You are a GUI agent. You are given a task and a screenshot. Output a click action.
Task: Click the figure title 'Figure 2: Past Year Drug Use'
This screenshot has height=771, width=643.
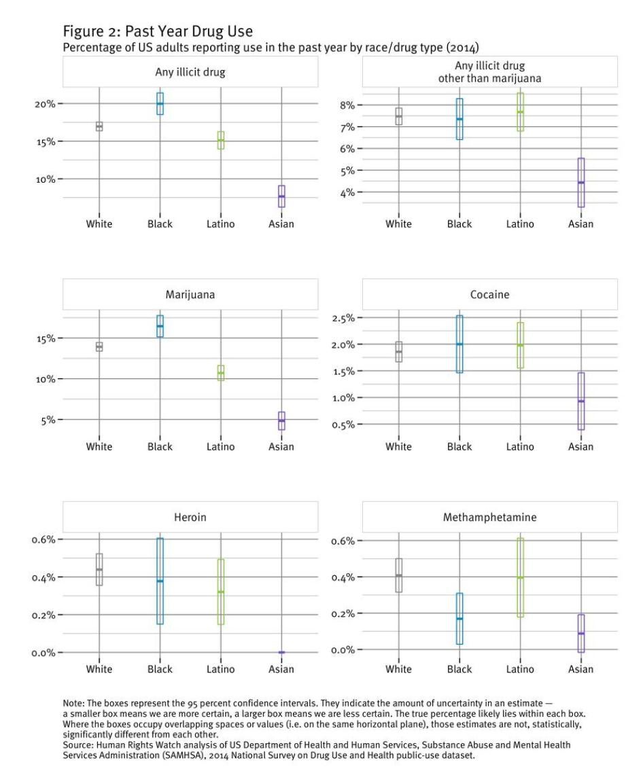pos(158,31)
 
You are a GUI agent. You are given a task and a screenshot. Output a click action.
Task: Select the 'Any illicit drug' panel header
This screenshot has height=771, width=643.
pos(190,71)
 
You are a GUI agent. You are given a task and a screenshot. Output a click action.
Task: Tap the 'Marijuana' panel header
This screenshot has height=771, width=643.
pos(190,295)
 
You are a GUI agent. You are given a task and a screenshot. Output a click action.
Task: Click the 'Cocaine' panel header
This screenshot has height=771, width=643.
pos(489,295)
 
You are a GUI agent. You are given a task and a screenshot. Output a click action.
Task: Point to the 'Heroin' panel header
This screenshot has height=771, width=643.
pos(190,518)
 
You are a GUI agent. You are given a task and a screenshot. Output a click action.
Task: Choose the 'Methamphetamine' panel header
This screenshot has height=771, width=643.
pos(489,518)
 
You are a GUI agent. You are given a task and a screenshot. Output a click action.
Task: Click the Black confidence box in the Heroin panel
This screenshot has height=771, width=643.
pos(160,581)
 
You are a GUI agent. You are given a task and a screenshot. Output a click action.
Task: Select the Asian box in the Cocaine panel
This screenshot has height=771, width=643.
pos(581,401)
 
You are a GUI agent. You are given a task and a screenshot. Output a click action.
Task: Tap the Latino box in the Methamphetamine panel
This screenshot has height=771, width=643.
pos(520,577)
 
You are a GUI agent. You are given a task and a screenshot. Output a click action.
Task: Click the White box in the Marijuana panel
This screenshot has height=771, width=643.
pos(99,346)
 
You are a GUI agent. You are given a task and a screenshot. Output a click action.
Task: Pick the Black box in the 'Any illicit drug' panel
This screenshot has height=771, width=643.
pos(160,103)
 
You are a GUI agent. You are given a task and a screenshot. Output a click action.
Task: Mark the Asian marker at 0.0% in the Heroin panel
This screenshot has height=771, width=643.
pos(281,652)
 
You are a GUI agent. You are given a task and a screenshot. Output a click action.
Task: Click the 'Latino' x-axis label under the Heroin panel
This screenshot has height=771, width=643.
pos(220,669)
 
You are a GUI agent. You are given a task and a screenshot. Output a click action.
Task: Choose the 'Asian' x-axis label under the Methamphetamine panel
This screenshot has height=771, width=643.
pos(581,669)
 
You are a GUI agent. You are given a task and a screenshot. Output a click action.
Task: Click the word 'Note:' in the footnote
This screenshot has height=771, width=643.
pos(75,704)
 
